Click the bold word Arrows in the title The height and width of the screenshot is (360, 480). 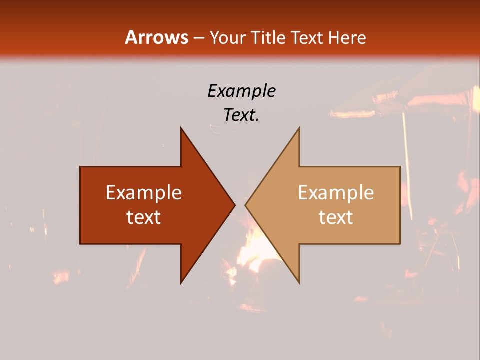coord(157,37)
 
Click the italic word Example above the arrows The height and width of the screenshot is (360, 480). coord(241,91)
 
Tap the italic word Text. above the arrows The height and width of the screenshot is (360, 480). coord(241,115)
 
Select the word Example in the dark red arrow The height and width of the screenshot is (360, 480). coord(144,193)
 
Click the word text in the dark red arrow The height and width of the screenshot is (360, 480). coord(144,217)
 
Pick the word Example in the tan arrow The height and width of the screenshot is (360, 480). coord(336,193)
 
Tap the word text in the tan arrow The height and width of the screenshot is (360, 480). coord(336,217)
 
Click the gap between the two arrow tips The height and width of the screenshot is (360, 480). coord(240,205)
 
